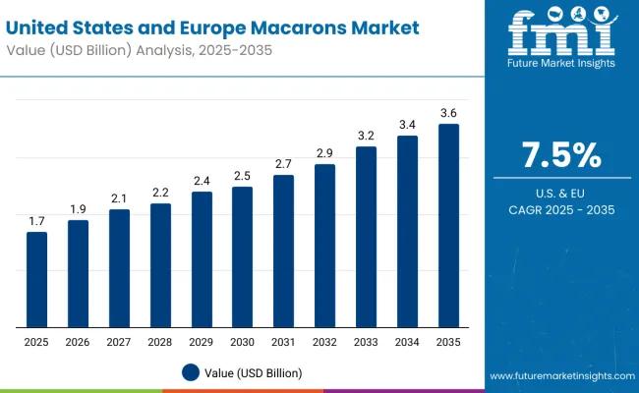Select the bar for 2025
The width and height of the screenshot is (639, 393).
[x=36, y=280]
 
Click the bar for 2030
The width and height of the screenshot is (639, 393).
[x=242, y=257]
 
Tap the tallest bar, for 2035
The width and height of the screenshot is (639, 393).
[x=448, y=226]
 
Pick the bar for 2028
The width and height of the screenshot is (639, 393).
[x=160, y=265]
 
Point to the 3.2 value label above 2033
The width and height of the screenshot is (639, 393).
[x=366, y=135]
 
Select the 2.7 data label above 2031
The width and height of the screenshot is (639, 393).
[x=283, y=163]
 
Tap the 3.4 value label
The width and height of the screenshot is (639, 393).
[x=407, y=124]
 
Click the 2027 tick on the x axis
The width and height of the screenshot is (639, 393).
[x=119, y=341]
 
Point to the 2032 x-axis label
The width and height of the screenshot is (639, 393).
[x=324, y=341]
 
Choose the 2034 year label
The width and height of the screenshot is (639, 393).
[x=407, y=341]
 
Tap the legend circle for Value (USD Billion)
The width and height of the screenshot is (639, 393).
[x=191, y=372]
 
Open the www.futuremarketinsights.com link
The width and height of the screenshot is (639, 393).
[x=559, y=376]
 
